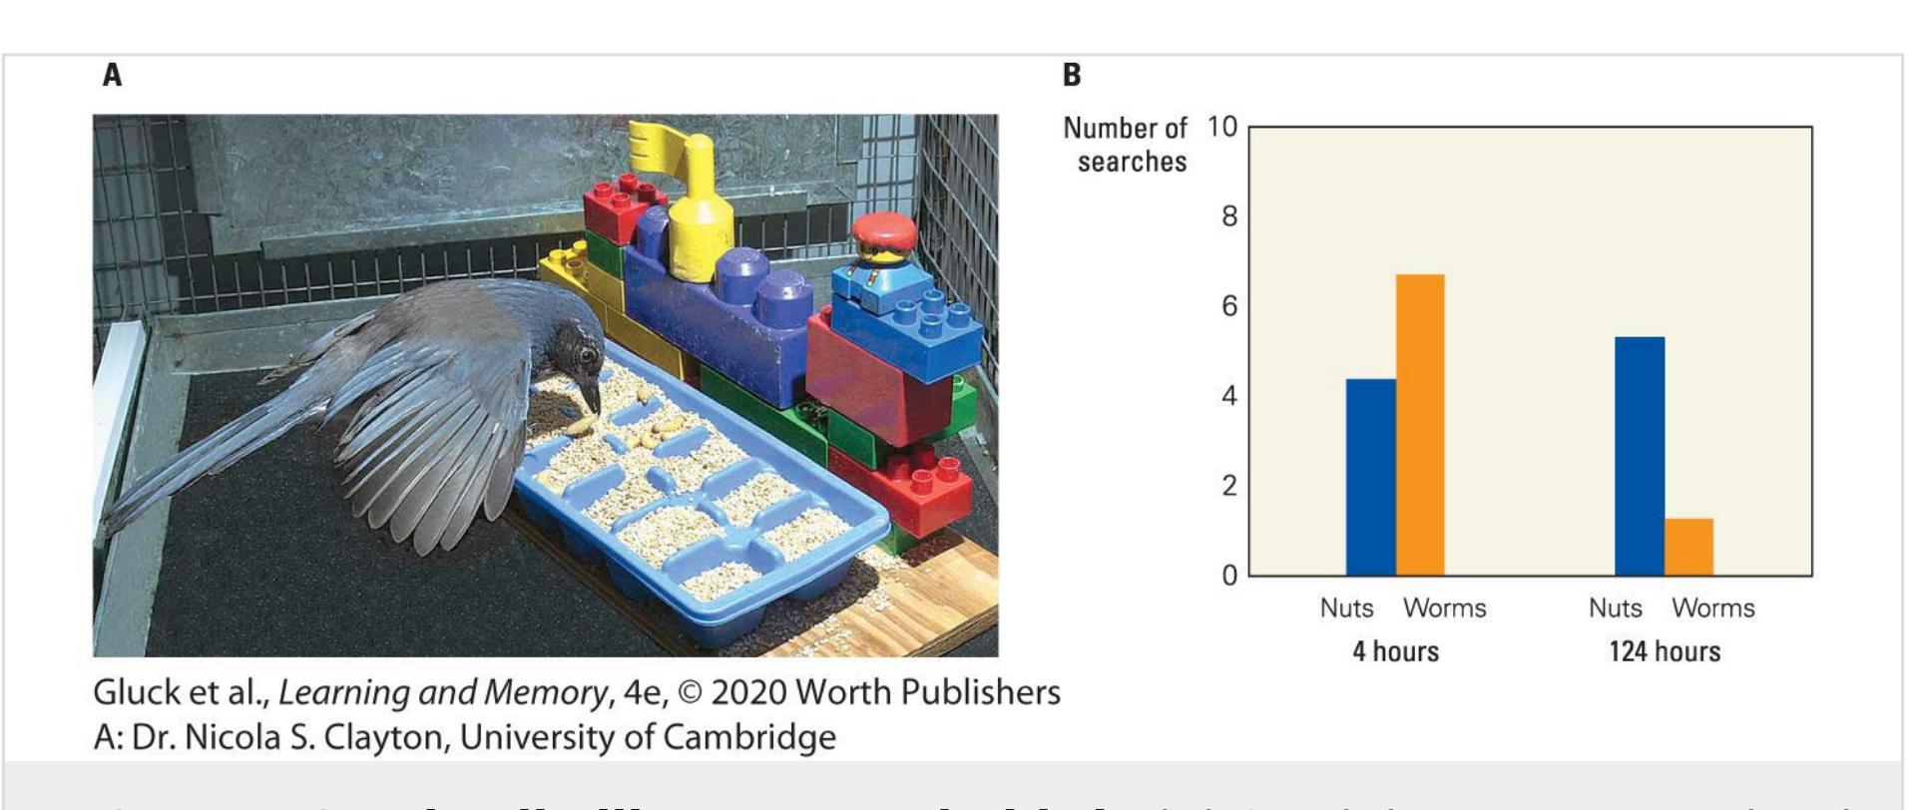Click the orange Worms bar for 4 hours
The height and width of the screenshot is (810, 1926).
[1419, 425]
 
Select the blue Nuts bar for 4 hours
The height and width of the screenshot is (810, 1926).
[1370, 477]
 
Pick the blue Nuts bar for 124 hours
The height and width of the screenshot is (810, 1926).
[1639, 456]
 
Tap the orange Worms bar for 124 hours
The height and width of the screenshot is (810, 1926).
[1688, 547]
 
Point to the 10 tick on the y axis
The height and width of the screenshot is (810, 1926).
[1222, 128]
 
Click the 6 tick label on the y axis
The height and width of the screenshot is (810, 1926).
[1228, 306]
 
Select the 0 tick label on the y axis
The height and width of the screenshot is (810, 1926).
[1228, 576]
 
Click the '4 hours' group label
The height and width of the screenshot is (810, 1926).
[1395, 651]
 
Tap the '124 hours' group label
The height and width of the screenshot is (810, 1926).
[1664, 651]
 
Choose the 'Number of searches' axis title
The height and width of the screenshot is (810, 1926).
[1127, 145]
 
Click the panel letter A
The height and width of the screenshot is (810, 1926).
[112, 75]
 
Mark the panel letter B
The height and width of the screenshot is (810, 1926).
[1071, 75]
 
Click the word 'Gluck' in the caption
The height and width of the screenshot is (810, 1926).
[130, 691]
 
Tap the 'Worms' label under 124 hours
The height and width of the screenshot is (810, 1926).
[1712, 608]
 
